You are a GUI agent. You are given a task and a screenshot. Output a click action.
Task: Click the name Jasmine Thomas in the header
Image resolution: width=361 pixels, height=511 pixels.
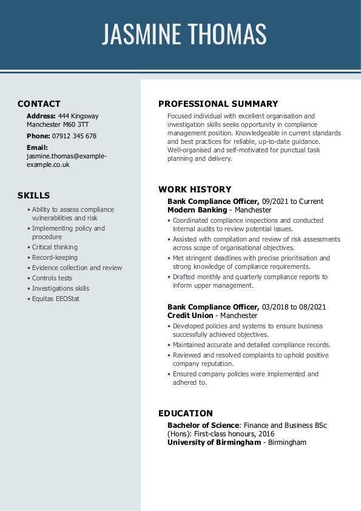coord(184,34)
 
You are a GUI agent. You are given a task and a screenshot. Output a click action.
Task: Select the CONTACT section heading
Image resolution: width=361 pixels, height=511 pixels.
coord(39,104)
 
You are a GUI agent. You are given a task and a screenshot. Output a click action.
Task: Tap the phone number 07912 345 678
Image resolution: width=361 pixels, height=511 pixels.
coord(74,136)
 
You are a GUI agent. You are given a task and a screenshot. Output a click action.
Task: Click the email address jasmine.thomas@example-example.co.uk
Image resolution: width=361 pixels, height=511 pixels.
coord(66,160)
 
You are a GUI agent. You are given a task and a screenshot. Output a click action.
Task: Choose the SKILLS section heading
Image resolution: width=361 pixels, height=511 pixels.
coord(33,195)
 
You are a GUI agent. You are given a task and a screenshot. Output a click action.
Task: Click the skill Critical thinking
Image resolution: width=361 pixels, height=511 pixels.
coord(55,247)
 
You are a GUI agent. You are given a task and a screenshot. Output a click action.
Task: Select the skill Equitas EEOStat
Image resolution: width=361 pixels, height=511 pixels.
coord(56,299)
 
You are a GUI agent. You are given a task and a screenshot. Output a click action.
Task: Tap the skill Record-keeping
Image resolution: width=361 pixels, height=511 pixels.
coord(55,257)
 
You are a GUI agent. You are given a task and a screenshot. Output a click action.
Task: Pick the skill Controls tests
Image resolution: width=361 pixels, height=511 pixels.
coord(52,278)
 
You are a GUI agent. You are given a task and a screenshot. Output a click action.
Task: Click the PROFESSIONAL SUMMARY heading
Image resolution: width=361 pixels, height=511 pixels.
coord(218,104)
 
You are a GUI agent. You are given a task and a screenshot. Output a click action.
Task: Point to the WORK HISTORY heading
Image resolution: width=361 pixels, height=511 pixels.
coord(195,189)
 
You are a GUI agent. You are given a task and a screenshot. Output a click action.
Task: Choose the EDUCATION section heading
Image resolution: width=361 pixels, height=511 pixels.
coord(186,413)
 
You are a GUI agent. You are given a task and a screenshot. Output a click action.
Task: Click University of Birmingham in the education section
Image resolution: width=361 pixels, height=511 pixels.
coord(214,442)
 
